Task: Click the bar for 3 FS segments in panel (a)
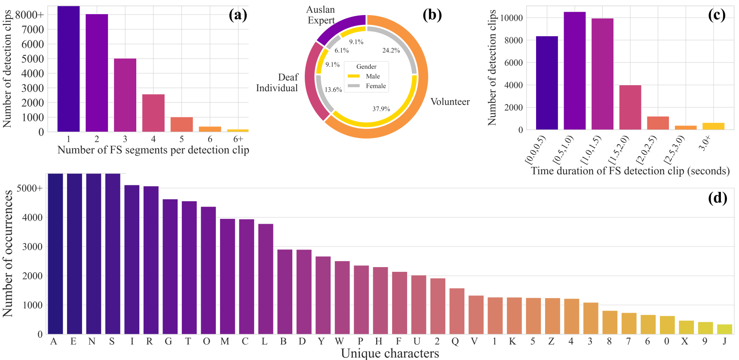pos(125,95)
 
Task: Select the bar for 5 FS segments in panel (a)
pos(181,124)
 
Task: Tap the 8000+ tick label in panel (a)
pos(30,15)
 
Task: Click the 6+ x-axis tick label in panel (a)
pos(238,139)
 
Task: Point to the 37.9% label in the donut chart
pos(381,109)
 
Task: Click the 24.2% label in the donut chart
pos(391,50)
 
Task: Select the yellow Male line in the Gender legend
pos(354,76)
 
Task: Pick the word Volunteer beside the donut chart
pos(450,102)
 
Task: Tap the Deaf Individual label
pos(277,83)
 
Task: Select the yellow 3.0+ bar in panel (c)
pos(713,126)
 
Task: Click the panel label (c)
pos(717,15)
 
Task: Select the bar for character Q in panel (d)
pos(457,311)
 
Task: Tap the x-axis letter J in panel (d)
pos(724,342)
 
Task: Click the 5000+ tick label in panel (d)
pos(30,188)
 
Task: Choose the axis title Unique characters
pos(390,353)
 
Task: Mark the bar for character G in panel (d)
pos(170,266)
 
